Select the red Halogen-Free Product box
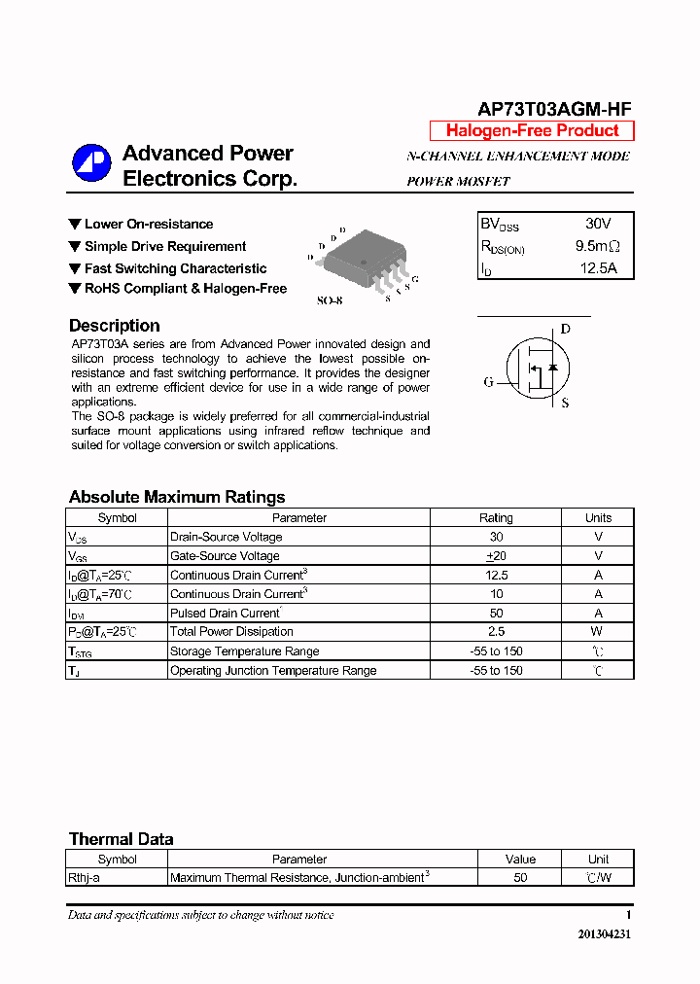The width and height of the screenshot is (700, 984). (532, 131)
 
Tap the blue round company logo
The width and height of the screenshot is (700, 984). (91, 163)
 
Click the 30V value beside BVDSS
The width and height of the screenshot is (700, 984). (598, 224)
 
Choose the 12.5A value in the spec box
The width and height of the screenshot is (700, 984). (598, 268)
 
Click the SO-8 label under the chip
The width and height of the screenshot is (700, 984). (330, 300)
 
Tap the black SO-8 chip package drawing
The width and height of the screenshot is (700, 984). (361, 259)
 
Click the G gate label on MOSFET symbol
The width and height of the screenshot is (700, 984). (489, 382)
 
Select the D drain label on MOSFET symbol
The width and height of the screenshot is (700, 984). (566, 330)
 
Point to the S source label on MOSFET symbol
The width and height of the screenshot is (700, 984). (566, 403)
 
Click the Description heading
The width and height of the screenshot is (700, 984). (114, 326)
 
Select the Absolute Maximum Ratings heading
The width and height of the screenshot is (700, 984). (177, 497)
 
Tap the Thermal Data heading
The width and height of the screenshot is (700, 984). (121, 839)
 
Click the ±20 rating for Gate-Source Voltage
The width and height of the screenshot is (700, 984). (496, 556)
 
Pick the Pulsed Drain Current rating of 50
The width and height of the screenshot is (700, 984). (496, 614)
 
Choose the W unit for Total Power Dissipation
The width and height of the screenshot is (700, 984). (598, 632)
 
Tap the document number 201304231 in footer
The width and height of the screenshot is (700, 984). (605, 933)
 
